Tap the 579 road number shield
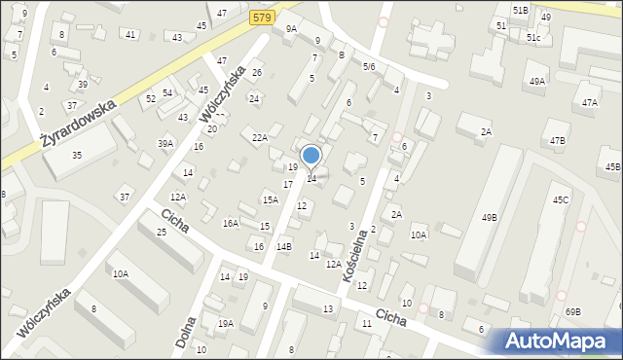click(259, 18)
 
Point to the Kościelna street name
click(353, 255)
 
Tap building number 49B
click(489, 218)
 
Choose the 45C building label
click(561, 199)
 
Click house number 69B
click(572, 312)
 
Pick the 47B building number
click(557, 141)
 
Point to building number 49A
click(537, 81)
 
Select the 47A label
click(589, 102)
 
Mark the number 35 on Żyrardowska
click(77, 156)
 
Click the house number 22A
click(259, 138)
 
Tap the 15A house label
click(270, 199)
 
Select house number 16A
click(231, 223)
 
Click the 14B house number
click(283, 247)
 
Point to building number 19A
click(226, 324)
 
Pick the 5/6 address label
click(369, 66)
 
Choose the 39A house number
click(165, 144)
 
